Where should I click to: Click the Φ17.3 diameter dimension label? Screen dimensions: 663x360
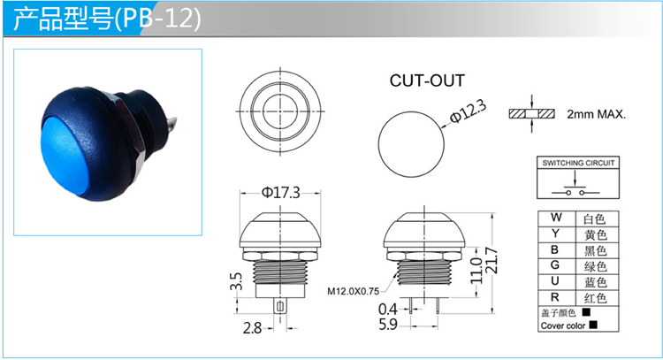pyautogui.click(x=281, y=193)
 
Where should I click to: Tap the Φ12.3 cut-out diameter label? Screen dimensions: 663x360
pyautogui.click(x=468, y=111)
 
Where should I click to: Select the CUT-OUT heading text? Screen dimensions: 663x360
pyautogui.click(x=427, y=80)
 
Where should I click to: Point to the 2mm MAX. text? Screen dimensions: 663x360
pyautogui.click(x=596, y=114)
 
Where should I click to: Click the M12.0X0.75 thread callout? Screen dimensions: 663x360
pyautogui.click(x=353, y=291)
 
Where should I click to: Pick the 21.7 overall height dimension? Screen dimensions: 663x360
pyautogui.click(x=492, y=261)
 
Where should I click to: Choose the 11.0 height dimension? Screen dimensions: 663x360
pyautogui.click(x=476, y=271)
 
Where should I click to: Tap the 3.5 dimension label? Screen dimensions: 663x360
pyautogui.click(x=236, y=281)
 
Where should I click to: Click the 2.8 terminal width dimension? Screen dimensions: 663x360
pyautogui.click(x=252, y=328)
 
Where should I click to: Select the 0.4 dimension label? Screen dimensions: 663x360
pyautogui.click(x=388, y=310)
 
